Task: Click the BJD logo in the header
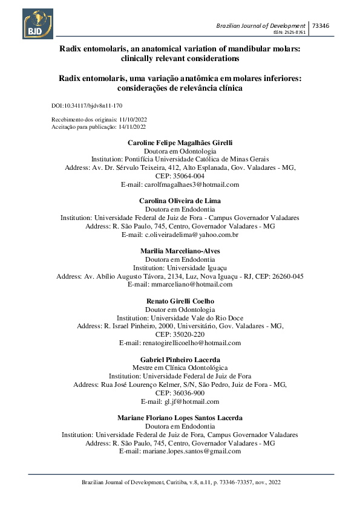tap(39, 24)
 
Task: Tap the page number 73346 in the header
tap(321, 25)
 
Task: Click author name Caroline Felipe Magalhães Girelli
tap(180, 142)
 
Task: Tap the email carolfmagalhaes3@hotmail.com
tap(180, 184)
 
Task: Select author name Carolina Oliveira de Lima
tap(180, 200)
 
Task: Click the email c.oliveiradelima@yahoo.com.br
tap(180, 235)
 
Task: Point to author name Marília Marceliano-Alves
tap(180, 250)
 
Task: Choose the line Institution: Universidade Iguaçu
tap(180, 267)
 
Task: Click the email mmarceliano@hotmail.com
tap(180, 284)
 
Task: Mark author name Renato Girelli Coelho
tap(180, 300)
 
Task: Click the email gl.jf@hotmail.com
tap(180, 401)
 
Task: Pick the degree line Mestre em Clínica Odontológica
tap(180, 368)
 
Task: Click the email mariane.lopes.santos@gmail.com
tap(180, 451)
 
